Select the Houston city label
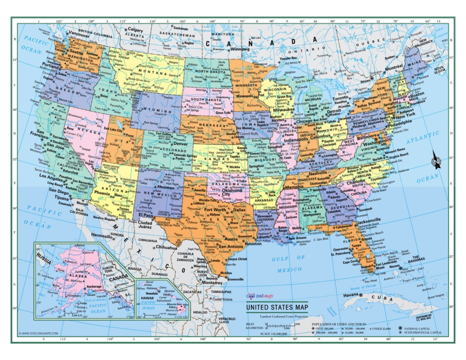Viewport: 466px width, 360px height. click(x=253, y=243)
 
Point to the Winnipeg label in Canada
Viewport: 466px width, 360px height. click(x=240, y=49)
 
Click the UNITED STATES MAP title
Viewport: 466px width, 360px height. click(x=277, y=307)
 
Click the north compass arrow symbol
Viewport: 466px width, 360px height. click(x=436, y=161)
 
